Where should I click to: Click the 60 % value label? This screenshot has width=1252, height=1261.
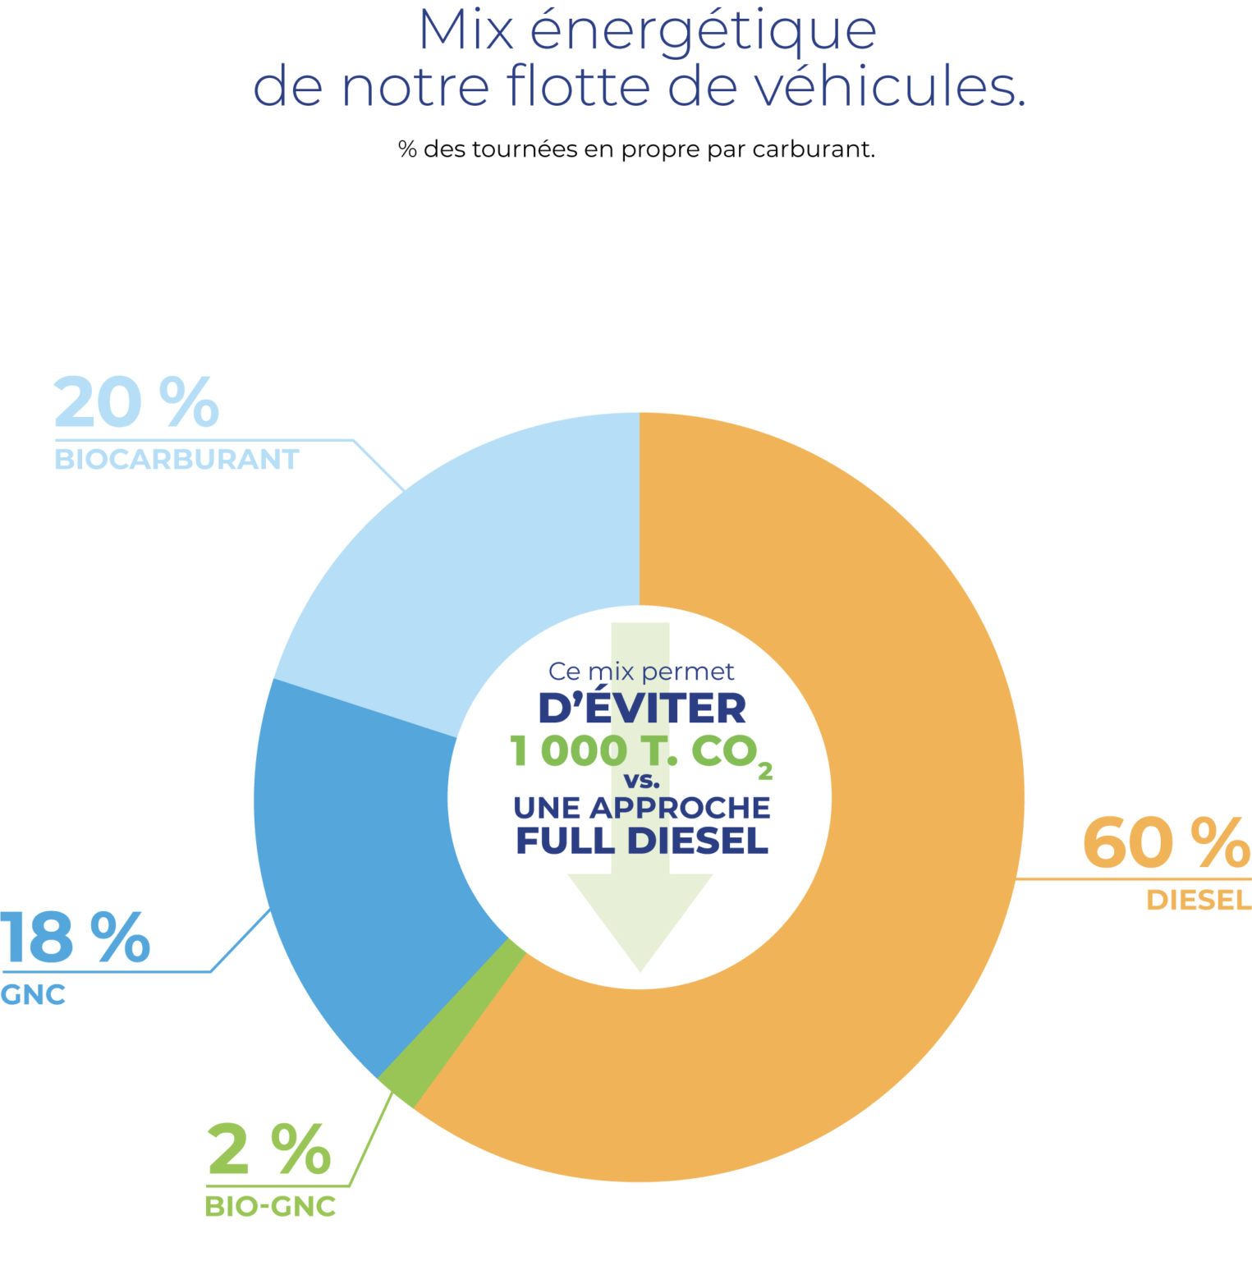[x=1166, y=843]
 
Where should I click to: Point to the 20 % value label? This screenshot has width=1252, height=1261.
[x=136, y=402]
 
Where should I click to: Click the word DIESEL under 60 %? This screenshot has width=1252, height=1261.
[x=1199, y=901]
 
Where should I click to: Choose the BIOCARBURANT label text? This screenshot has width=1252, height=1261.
[x=177, y=459]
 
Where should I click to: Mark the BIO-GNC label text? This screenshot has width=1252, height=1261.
[x=270, y=1207]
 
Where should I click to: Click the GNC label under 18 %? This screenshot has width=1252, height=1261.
[x=33, y=995]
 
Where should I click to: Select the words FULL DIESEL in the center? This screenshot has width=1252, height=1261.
[x=642, y=841]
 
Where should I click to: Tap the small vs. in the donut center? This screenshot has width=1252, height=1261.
[x=642, y=781]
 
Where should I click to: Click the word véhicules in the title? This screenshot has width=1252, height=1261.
[x=890, y=87]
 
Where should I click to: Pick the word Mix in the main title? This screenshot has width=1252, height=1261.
[x=466, y=31]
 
